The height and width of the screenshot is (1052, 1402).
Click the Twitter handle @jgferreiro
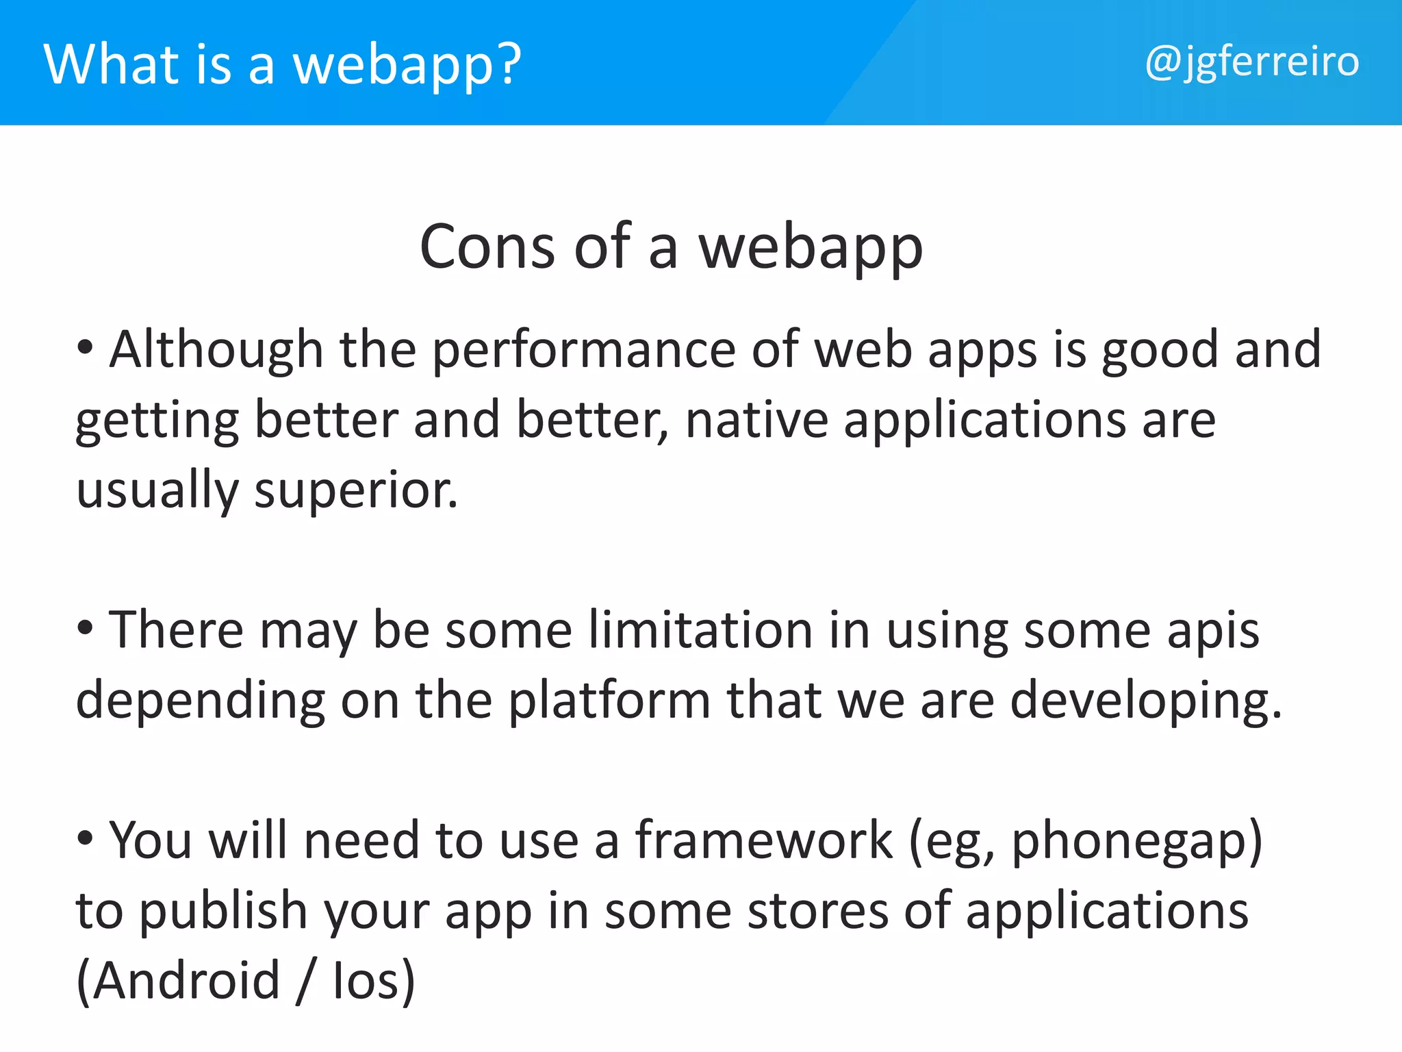1251,63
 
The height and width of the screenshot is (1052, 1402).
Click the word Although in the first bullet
216,351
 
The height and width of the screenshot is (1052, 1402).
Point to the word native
756,421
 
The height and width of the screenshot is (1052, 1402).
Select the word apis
1212,631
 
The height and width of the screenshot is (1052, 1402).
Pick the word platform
609,701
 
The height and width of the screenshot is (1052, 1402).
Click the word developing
1145,701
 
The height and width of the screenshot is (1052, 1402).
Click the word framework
763,840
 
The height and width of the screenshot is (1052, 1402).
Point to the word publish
223,912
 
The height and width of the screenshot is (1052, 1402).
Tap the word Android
186,981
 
